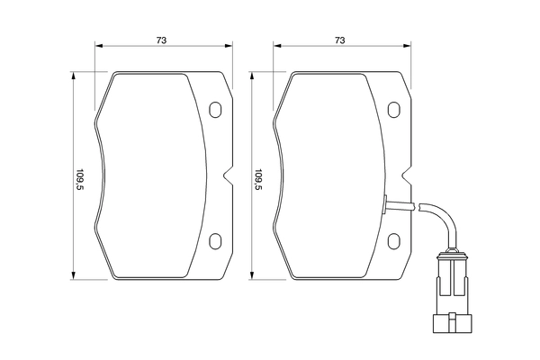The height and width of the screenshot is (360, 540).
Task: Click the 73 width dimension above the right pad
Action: pyautogui.click(x=339, y=40)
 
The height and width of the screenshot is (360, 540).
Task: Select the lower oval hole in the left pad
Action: pyautogui.click(x=215, y=241)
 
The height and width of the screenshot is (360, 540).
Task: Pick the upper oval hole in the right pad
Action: pyautogui.click(x=394, y=110)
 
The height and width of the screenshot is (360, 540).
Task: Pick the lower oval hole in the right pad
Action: pyautogui.click(x=394, y=241)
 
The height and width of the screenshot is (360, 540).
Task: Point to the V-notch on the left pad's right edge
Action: pyautogui.click(x=226, y=175)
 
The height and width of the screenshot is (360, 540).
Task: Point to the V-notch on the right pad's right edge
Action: pyautogui.click(x=405, y=175)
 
